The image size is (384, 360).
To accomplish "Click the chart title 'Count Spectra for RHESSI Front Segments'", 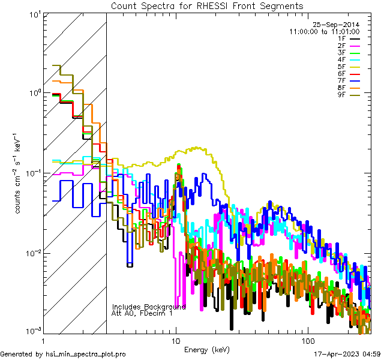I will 207,5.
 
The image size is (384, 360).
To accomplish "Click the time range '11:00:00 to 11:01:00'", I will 324,31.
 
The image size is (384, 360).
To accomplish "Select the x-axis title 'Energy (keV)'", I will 207,349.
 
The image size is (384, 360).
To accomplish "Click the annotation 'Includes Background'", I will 148,307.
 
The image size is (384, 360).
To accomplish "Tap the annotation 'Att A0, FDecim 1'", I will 142,313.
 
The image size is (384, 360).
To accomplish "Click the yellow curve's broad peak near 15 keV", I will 195,148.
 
